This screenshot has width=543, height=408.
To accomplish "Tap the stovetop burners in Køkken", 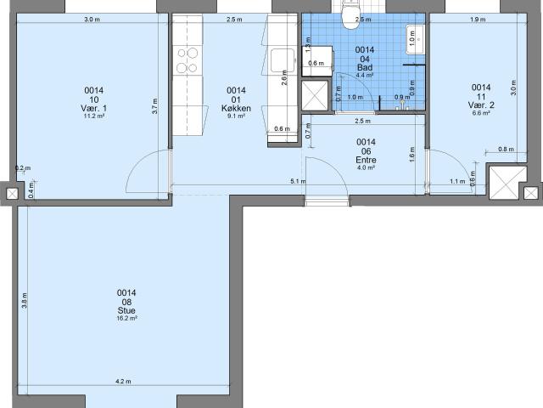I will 187,60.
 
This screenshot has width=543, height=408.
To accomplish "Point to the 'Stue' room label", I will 126,310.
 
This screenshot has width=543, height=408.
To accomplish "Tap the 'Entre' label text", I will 366,160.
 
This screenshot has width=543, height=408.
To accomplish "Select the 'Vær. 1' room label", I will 93,108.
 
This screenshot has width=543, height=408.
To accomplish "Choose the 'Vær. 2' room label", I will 480,105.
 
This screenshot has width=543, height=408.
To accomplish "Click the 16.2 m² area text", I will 126,319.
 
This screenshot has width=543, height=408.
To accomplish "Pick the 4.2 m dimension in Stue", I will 123,382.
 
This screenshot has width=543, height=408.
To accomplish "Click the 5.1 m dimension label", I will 298,181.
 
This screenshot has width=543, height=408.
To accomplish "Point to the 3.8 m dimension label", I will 25,300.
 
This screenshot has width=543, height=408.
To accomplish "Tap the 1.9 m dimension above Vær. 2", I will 477,19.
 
